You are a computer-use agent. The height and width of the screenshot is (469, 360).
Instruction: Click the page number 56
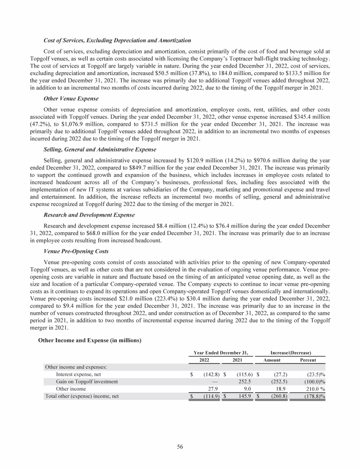click(180, 446)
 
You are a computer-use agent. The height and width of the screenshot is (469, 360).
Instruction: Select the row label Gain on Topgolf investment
click(87, 382)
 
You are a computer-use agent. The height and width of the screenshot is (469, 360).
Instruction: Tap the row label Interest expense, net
click(78, 375)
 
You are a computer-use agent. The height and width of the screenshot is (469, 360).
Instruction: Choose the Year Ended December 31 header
click(221, 351)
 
